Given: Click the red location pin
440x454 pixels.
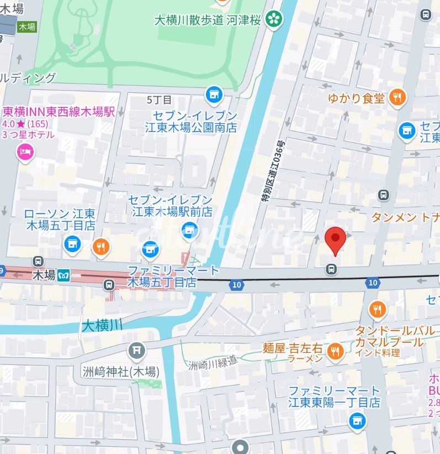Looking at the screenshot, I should point(335,239).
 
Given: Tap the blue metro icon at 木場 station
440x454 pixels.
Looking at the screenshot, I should point(64,275).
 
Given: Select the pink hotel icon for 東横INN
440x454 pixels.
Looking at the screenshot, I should point(25,152).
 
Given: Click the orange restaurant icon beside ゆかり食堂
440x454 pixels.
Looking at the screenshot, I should point(397,98).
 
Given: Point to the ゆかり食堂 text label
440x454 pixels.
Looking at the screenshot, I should point(356,98).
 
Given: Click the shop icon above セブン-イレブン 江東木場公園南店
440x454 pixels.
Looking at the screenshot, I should point(214,95).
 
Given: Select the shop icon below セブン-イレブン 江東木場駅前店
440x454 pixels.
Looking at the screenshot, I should point(189,230).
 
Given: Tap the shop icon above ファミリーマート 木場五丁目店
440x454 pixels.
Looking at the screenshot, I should point(150,249).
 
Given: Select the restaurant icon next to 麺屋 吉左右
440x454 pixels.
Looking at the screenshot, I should point(335,350).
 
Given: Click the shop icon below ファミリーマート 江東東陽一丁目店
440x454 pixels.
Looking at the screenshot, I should point(357,421).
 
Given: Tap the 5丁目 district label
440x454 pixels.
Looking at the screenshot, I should point(159,100).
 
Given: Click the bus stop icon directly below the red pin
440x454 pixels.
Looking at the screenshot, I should point(331,269).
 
